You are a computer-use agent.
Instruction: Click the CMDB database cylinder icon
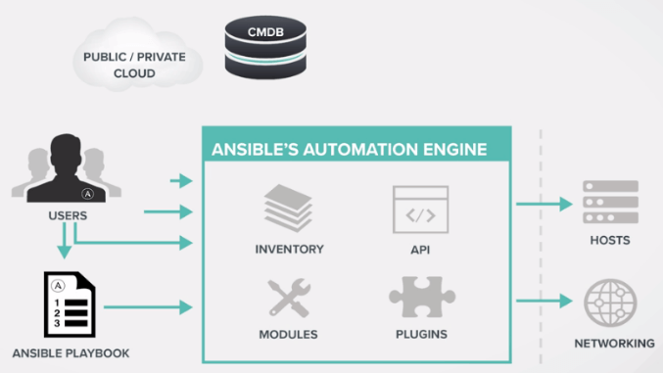(x=265, y=47)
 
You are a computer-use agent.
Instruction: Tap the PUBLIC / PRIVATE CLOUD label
(x=134, y=65)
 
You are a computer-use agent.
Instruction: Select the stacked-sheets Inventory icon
(x=288, y=209)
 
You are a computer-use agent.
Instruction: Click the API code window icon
(x=420, y=210)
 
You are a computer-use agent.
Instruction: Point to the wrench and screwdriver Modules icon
(x=289, y=298)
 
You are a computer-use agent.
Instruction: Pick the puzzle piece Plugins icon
(x=422, y=297)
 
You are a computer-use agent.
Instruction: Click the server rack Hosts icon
(x=610, y=202)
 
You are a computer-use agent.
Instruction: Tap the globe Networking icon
(x=610, y=303)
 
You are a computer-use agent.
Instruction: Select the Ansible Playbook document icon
(x=70, y=304)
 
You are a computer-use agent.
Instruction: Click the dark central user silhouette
(x=66, y=169)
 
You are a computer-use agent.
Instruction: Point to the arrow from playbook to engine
(x=148, y=307)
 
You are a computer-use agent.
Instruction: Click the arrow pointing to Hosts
(x=545, y=204)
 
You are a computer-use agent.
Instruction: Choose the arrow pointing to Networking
(x=545, y=301)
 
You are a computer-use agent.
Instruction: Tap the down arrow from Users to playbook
(x=65, y=240)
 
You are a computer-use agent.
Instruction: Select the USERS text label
(x=68, y=215)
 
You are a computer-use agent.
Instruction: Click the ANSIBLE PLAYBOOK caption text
(x=71, y=353)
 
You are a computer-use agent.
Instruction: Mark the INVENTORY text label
(x=289, y=249)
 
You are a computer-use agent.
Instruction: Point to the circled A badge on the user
(x=87, y=194)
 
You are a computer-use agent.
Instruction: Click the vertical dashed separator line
(x=541, y=247)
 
